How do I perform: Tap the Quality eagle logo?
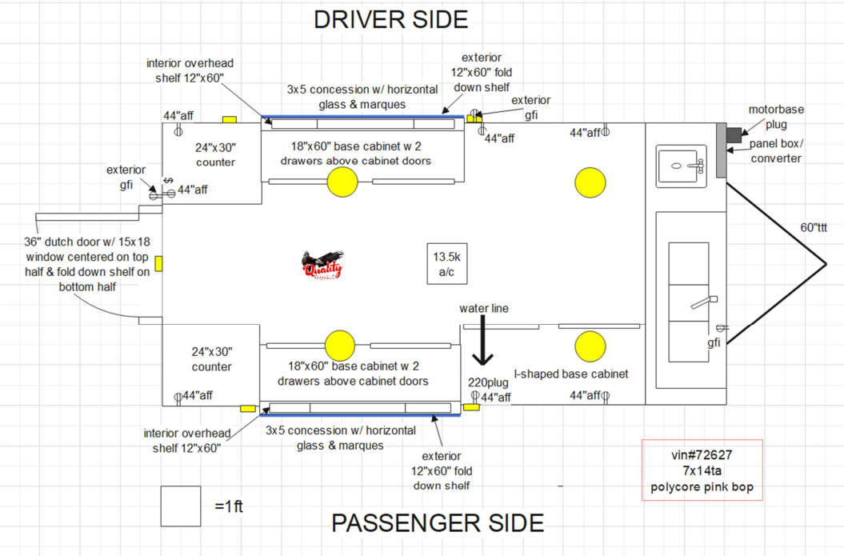pyautogui.click(x=322, y=265)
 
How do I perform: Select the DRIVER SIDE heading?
pyautogui.click(x=390, y=19)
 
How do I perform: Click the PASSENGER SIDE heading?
pyautogui.click(x=438, y=522)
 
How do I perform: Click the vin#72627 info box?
pyautogui.click(x=702, y=470)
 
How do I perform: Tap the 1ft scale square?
pyautogui.click(x=180, y=506)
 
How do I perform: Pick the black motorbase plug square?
pyautogui.click(x=733, y=135)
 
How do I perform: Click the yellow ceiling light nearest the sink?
pyautogui.click(x=590, y=182)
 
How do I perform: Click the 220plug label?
pyautogui.click(x=488, y=382)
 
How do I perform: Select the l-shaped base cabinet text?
pyautogui.click(x=571, y=374)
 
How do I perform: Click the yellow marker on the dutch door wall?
pyautogui.click(x=158, y=262)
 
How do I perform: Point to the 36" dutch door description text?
pyautogui.click(x=87, y=264)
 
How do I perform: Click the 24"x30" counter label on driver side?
pyautogui.click(x=215, y=154)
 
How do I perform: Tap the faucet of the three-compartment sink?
pyautogui.click(x=702, y=302)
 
